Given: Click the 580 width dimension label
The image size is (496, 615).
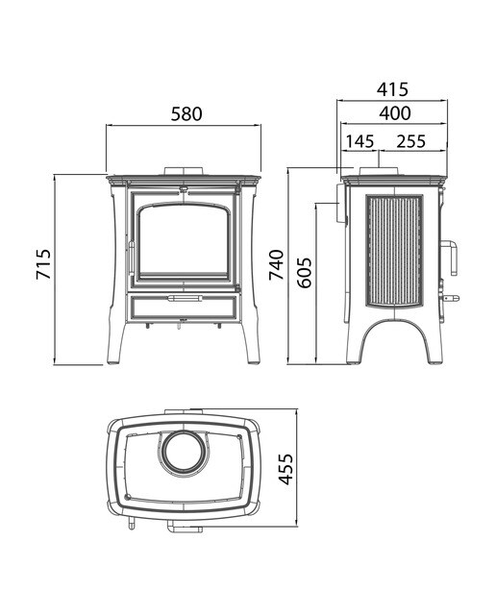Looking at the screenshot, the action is pyautogui.click(x=186, y=113).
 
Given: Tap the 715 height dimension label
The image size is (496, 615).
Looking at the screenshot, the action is pyautogui.click(x=43, y=264).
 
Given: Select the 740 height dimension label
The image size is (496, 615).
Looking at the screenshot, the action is pyautogui.click(x=276, y=265).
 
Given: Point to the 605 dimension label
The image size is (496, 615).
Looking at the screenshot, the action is pyautogui.click(x=304, y=273).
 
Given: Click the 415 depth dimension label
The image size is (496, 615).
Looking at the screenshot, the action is pyautogui.click(x=392, y=89).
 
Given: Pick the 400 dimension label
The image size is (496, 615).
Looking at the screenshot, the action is pyautogui.click(x=395, y=113).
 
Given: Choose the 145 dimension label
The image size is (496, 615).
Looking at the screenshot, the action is pyautogui.click(x=360, y=141).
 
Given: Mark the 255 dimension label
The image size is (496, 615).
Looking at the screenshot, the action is pyautogui.click(x=410, y=141).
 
